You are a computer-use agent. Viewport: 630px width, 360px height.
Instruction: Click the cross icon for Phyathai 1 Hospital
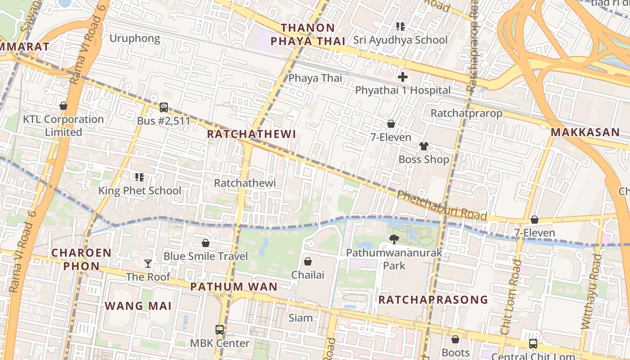(403, 77)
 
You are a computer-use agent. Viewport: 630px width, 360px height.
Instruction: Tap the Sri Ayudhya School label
(400, 40)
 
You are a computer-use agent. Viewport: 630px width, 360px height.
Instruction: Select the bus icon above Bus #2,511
(164, 108)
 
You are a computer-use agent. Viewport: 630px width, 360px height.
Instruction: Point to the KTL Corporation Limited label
(63, 126)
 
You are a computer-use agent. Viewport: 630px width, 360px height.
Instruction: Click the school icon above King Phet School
(139, 177)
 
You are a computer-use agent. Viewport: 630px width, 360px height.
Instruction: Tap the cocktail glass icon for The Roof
(148, 263)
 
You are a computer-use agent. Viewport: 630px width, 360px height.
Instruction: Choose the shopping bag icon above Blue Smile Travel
(206, 243)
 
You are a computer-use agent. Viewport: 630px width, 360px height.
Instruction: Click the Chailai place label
(308, 274)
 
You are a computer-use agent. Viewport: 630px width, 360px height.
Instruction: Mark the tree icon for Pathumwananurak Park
(394, 239)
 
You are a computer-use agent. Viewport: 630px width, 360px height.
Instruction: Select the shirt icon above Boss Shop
(424, 146)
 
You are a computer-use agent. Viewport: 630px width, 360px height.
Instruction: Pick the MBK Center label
(220, 343)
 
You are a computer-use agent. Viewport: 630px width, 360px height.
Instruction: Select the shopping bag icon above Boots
(455, 339)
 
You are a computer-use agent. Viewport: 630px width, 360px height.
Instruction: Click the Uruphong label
(135, 39)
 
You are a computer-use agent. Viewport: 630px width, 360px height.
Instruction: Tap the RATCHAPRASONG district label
(433, 300)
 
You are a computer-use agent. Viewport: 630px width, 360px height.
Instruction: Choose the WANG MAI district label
(138, 306)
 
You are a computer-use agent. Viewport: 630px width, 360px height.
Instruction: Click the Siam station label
(300, 318)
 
